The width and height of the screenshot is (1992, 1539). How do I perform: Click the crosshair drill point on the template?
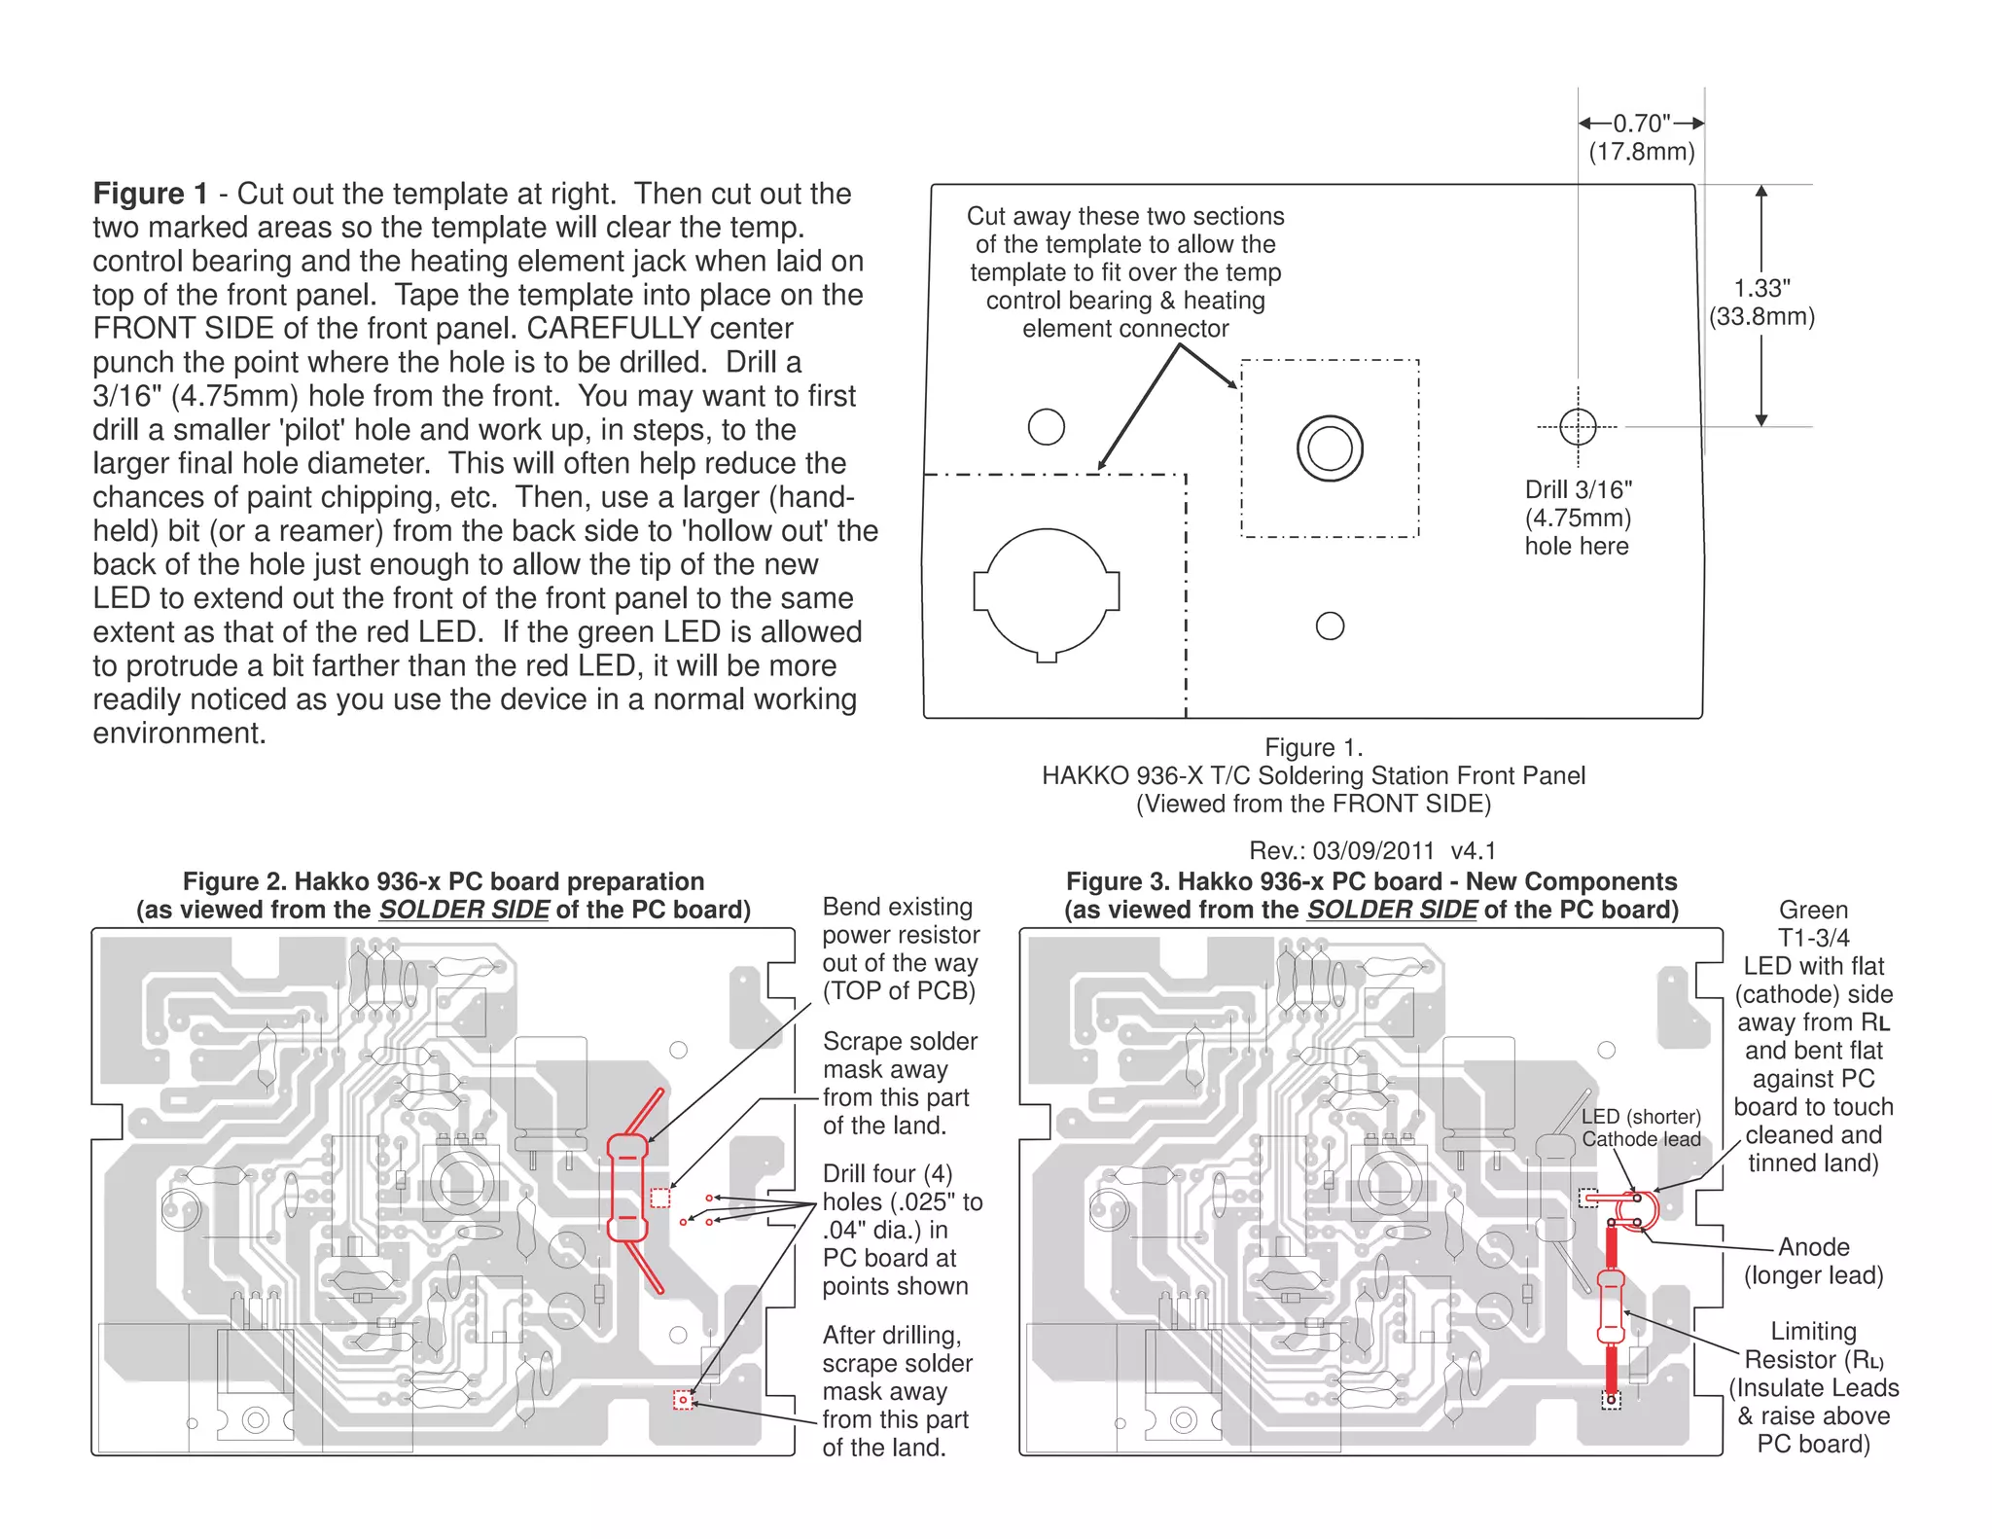click(1578, 426)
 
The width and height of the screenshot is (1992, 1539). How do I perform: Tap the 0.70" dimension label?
click(1642, 125)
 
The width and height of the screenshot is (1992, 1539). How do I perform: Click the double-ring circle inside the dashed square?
click(1330, 448)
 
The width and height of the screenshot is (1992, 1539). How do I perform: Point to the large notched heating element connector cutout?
click(1047, 592)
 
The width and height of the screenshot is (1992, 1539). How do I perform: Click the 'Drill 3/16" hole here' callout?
click(1578, 518)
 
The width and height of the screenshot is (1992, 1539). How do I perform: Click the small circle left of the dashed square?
click(1047, 426)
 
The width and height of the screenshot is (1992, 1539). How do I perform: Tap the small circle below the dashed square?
click(1330, 626)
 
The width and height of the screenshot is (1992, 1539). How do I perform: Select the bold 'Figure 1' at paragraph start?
click(151, 194)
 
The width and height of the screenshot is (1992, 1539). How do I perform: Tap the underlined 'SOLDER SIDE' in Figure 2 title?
click(464, 910)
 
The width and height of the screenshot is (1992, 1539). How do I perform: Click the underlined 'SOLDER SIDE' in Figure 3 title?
click(1392, 910)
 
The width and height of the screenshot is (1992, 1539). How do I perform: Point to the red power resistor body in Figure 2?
click(627, 1187)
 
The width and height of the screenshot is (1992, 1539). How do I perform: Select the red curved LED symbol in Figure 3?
click(1637, 1209)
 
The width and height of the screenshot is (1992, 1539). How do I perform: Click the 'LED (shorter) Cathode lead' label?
click(1641, 1127)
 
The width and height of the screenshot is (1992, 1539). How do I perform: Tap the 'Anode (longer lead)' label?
click(1813, 1261)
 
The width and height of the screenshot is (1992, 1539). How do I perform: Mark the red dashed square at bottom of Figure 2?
click(684, 1400)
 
